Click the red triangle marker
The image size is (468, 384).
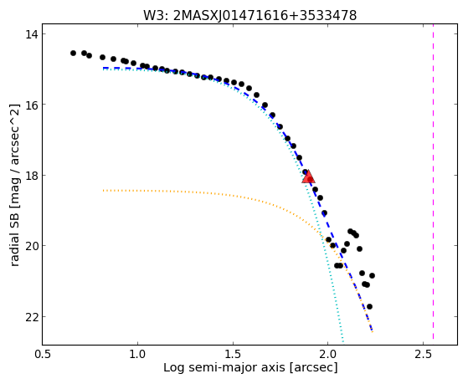308,177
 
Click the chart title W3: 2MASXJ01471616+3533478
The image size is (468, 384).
249,16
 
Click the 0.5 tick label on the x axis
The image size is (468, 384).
43,355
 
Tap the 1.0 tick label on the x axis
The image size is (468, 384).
137,355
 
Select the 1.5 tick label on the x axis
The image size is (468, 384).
233,355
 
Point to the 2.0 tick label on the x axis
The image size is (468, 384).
327,355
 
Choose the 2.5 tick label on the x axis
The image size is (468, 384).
423,355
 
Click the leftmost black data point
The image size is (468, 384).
73,53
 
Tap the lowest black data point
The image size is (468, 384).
369,306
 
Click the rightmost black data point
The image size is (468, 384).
372,276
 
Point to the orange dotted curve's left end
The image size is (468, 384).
103,190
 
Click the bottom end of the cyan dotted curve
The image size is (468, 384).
343,341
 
